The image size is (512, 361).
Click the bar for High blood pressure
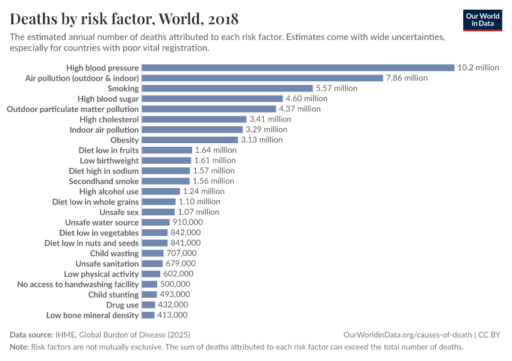tap(298, 67)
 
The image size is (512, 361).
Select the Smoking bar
tap(227, 88)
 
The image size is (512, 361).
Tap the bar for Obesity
tap(190, 140)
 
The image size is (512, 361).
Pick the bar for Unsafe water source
tap(156, 222)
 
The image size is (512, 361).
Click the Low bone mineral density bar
tap(148, 315)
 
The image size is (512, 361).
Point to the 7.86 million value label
tap(407, 78)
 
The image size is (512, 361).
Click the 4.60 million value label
tap(307, 99)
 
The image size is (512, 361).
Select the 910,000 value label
tap(189, 222)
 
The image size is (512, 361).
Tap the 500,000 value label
tap(175, 284)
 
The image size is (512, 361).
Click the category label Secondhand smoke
tap(104, 181)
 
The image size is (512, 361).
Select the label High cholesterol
tap(109, 119)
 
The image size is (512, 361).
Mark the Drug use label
tap(122, 304)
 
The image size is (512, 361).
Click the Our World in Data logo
tap(482, 19)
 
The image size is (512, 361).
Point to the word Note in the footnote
tap(19, 347)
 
